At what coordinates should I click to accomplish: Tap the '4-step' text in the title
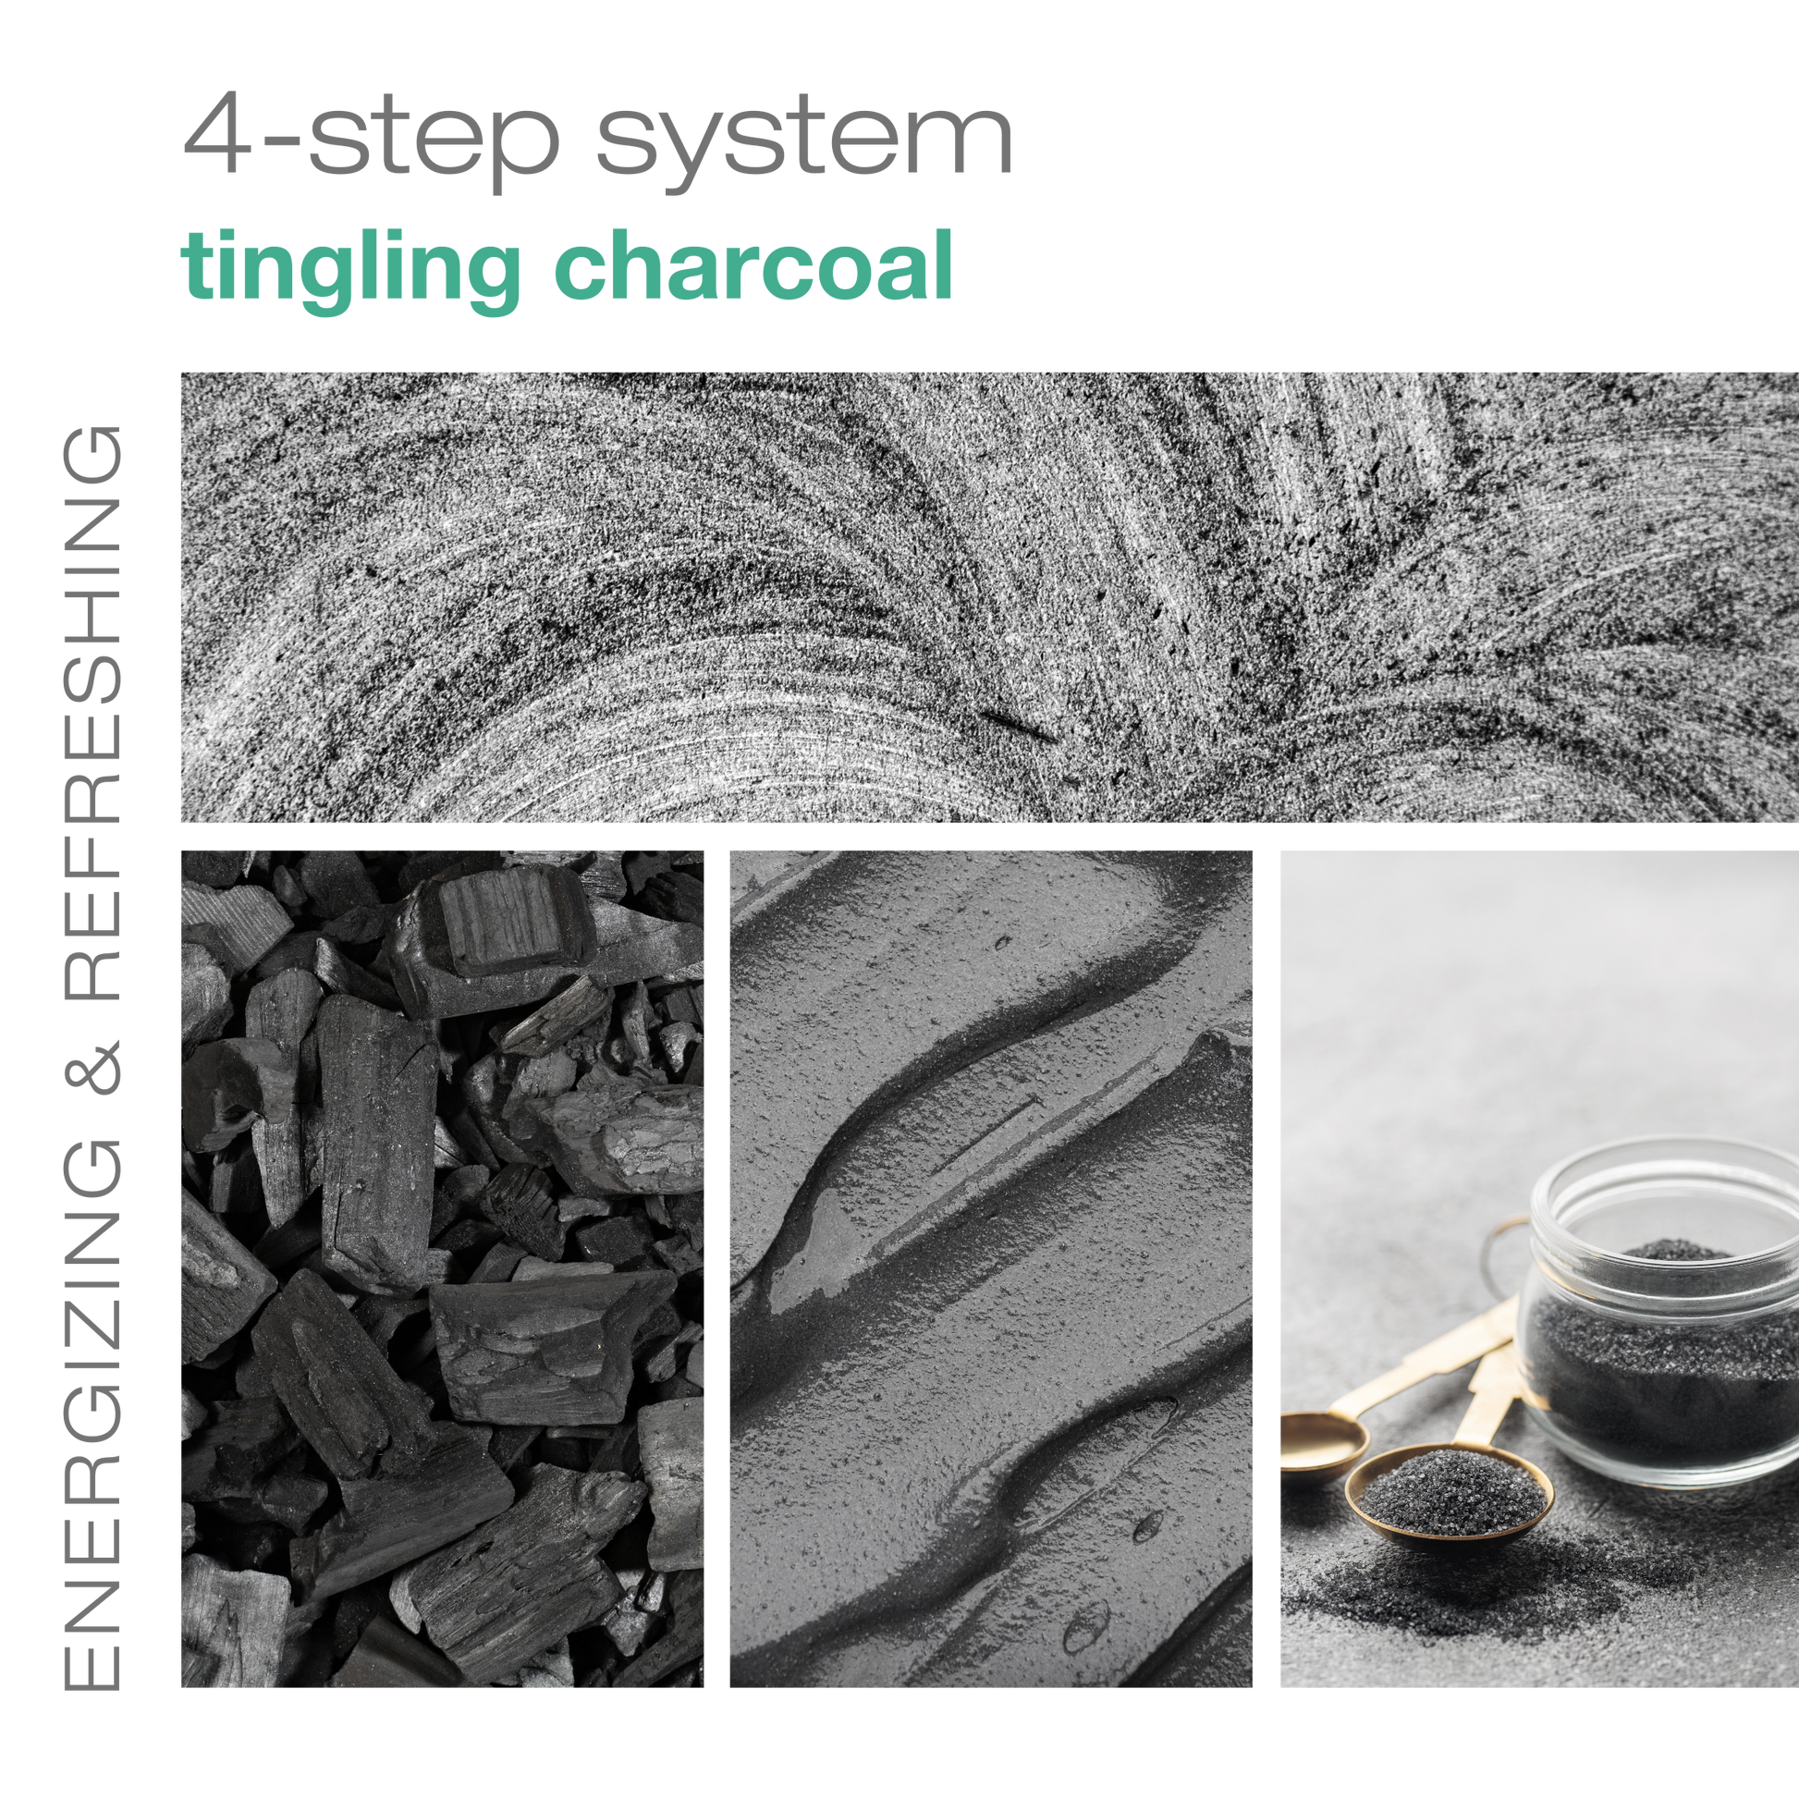(x=370, y=140)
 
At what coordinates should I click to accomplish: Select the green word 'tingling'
(x=349, y=270)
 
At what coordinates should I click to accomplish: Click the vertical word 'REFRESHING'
(x=92, y=713)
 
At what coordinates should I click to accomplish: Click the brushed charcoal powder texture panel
(x=990, y=597)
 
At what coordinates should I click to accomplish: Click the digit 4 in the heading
(x=217, y=131)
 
